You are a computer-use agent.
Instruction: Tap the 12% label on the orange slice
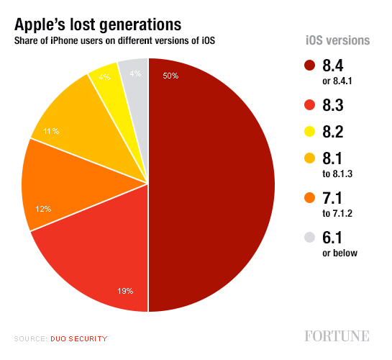(43, 209)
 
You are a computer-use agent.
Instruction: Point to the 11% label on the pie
(50, 131)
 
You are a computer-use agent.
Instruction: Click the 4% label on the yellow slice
(104, 77)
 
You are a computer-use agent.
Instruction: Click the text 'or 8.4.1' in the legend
(341, 78)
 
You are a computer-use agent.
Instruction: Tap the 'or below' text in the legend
(340, 253)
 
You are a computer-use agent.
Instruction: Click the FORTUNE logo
(336, 336)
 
